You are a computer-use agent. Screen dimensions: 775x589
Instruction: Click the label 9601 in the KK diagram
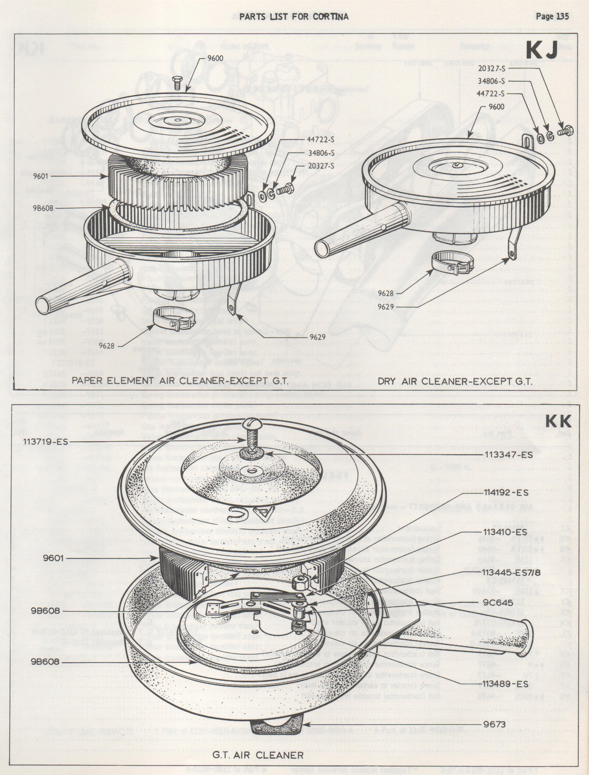pos(53,558)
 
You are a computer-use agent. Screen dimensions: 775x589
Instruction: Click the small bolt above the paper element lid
pos(177,83)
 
